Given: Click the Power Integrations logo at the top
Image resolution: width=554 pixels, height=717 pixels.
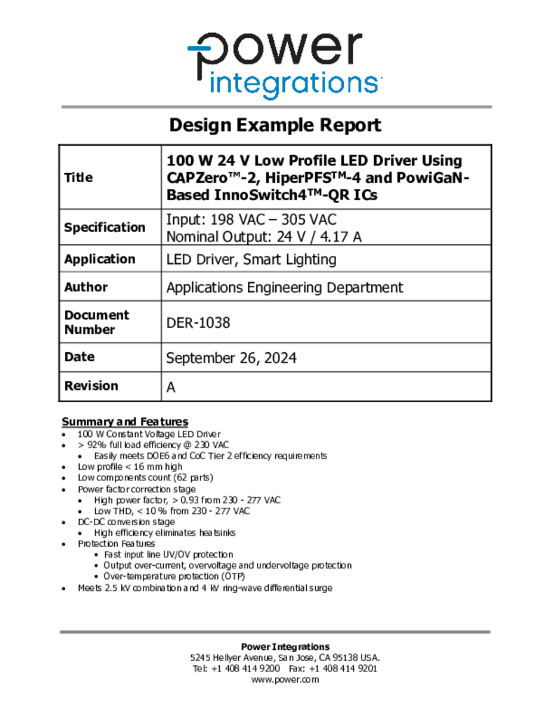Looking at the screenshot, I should [284, 64].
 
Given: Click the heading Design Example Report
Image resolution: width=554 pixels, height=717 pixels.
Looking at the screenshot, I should [275, 125].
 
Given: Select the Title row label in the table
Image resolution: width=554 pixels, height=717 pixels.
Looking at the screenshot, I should [78, 178].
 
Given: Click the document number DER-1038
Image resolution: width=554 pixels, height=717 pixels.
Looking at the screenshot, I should [198, 323].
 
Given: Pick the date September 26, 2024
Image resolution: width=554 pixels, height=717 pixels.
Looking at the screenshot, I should [231, 358].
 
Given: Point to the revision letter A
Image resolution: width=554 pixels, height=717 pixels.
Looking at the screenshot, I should [171, 387].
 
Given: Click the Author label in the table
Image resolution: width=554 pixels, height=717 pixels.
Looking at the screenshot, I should [86, 287].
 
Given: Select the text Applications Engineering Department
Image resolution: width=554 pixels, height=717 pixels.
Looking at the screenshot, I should [284, 287].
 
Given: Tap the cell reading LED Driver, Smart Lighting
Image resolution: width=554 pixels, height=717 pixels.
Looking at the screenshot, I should [251, 260].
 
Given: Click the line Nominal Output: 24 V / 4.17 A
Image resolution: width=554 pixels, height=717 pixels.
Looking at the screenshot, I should [264, 237].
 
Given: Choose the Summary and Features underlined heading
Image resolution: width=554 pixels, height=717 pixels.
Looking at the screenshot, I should [125, 422].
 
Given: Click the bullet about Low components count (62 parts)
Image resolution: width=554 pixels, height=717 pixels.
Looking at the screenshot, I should [145, 478].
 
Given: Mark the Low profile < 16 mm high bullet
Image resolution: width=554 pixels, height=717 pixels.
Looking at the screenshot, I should [130, 466].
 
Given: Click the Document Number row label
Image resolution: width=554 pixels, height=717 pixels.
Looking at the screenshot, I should [97, 322].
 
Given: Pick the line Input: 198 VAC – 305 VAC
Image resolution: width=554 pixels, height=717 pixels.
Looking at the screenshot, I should [251, 219].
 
